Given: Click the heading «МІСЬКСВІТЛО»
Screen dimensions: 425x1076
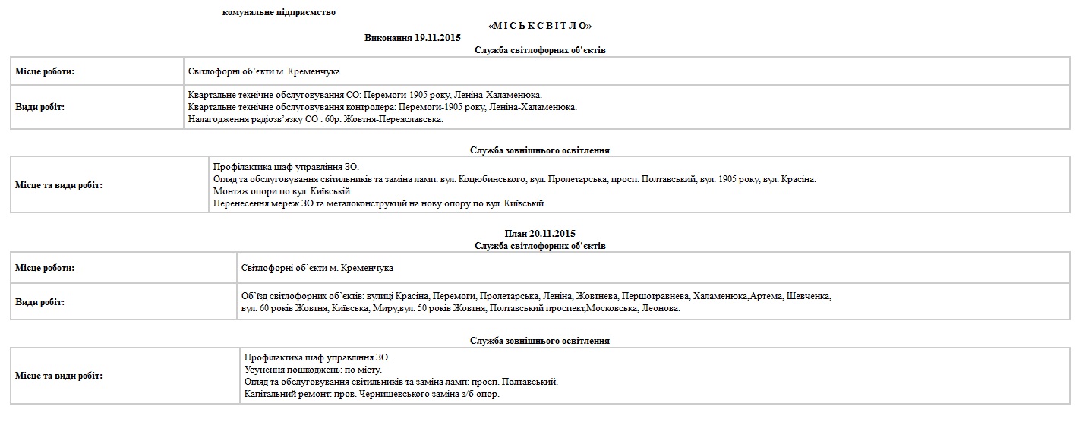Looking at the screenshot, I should pos(540,26).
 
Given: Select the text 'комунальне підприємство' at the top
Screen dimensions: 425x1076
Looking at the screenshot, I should pos(279,12).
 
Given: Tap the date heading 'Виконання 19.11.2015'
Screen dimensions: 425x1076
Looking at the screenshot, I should pos(412,37).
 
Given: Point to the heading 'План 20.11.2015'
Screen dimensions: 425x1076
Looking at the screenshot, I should pos(540,233).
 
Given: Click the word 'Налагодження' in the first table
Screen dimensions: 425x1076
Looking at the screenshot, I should pos(215,119).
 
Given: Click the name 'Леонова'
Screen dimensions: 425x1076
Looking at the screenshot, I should pos(661,309).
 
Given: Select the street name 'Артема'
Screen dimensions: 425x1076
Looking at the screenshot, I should pos(766,295).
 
